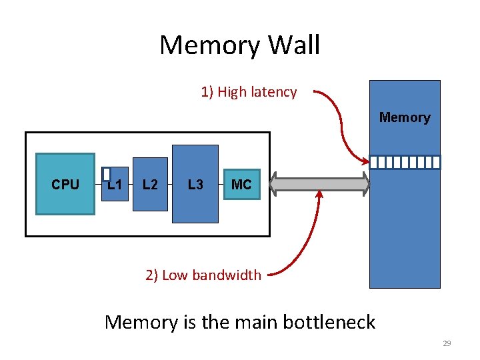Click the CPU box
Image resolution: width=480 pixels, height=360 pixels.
pos(65,184)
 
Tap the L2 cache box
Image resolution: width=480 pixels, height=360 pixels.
pos(150,185)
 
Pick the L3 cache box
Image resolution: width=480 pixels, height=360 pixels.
pos(195,185)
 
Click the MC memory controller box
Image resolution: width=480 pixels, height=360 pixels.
pos(241,185)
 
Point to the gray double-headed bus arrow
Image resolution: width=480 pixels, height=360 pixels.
pos(321,185)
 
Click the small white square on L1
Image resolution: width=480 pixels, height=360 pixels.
pos(106,173)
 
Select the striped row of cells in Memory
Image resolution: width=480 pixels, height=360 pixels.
pos(405,162)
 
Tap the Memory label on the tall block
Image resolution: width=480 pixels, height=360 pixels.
pos(405,118)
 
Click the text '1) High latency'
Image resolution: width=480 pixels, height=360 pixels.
pos(249,92)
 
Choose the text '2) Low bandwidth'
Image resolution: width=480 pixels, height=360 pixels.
pos(203,275)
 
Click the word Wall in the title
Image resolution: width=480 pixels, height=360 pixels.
pos(293,45)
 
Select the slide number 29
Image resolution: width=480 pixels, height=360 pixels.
pos(447,344)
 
